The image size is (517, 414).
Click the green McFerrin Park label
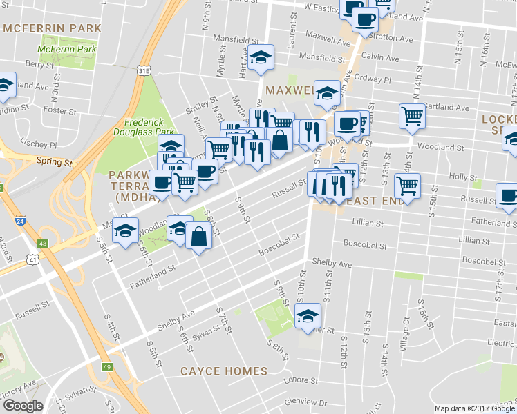[68, 50]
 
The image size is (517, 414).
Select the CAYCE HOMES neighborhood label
[223, 371]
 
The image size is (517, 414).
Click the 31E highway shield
[143, 70]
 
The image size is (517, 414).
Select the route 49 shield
[106, 367]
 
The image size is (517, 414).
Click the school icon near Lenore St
[307, 317]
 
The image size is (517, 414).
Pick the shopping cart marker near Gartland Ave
[412, 116]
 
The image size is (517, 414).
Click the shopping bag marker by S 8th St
[199, 236]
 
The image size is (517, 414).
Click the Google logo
[23, 406]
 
